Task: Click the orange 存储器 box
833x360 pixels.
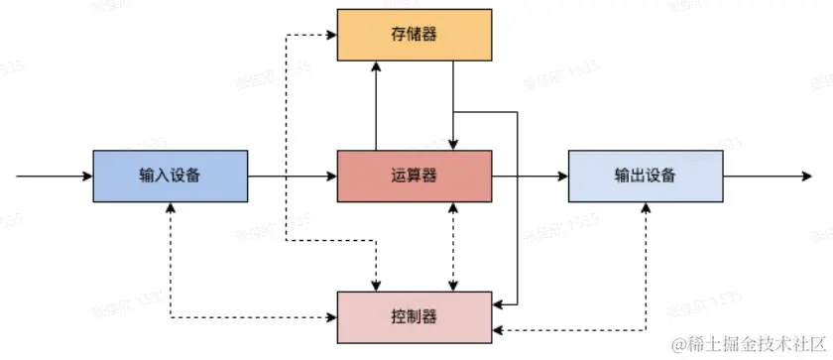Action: coord(415,35)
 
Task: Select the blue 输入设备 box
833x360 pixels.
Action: coord(170,177)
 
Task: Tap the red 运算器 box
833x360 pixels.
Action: coord(415,177)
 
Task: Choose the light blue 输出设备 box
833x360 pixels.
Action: coord(646,177)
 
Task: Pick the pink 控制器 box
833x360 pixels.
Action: coord(415,317)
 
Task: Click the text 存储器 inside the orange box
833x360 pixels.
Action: coord(415,35)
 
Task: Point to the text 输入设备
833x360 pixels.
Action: coord(170,177)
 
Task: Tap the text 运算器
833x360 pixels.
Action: coord(415,177)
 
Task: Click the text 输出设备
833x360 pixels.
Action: coord(646,177)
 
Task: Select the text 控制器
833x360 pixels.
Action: coord(415,317)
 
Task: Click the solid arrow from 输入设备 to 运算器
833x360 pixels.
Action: coord(293,177)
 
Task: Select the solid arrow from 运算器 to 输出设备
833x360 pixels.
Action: coord(531,177)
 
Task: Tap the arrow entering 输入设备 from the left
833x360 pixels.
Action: coord(55,177)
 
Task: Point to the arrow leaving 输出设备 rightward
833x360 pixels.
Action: coord(764,177)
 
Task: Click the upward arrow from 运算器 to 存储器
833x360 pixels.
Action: coord(377,104)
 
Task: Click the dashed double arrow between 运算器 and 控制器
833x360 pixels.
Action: coord(453,248)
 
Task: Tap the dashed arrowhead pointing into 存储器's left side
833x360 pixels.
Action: coord(331,36)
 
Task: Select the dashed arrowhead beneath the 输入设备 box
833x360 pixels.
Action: coord(171,210)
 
